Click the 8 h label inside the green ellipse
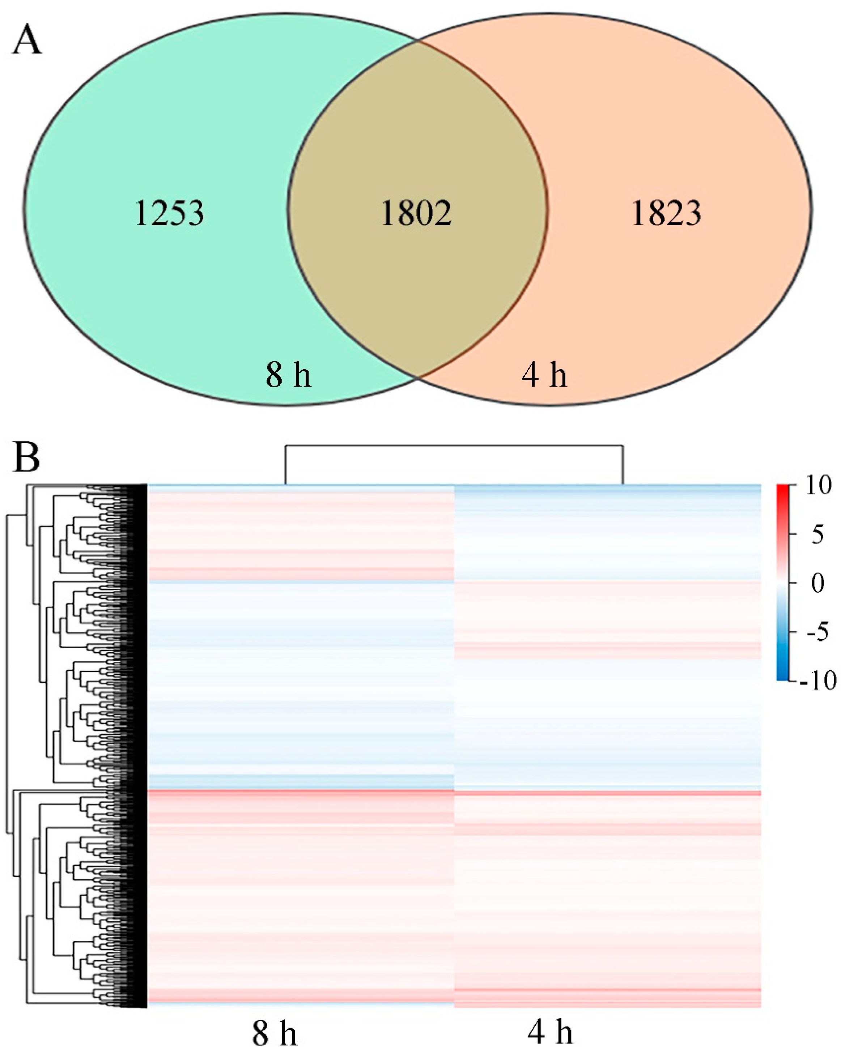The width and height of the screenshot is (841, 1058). pyautogui.click(x=288, y=375)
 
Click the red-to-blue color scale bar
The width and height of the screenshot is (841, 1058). pyautogui.click(x=782, y=583)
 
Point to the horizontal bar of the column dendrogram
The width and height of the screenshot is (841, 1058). pyautogui.click(x=454, y=445)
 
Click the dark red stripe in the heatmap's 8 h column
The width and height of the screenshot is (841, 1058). pyautogui.click(x=301, y=792)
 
